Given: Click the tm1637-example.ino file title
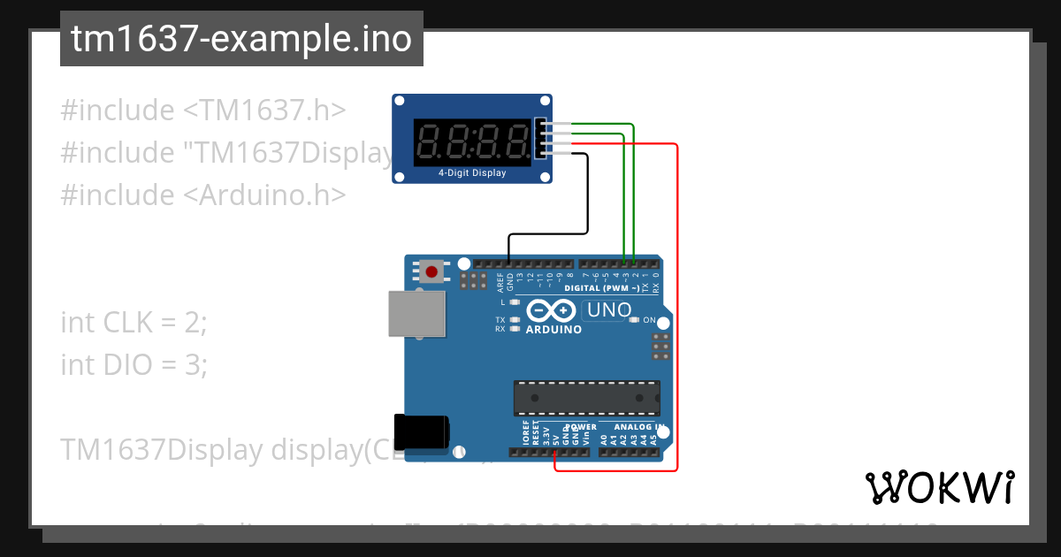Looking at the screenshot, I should point(241,40).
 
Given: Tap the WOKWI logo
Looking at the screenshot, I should point(939,487).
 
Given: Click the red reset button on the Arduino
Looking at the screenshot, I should point(432,271).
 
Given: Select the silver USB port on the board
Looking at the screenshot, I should point(416,314).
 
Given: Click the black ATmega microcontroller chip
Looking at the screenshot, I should point(587,398).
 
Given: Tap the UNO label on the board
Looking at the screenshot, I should point(608,310).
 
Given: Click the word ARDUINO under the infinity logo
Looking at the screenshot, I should point(553,330).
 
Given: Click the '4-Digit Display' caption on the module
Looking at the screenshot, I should point(472,173).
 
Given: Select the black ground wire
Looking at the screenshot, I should point(588,195).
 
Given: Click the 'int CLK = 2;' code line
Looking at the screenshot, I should point(134,323).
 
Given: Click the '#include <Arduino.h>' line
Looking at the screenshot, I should point(202,195).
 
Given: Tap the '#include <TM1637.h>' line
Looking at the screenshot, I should point(202,111).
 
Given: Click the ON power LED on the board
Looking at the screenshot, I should point(633,320).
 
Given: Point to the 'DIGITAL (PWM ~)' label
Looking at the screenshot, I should point(602,288).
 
